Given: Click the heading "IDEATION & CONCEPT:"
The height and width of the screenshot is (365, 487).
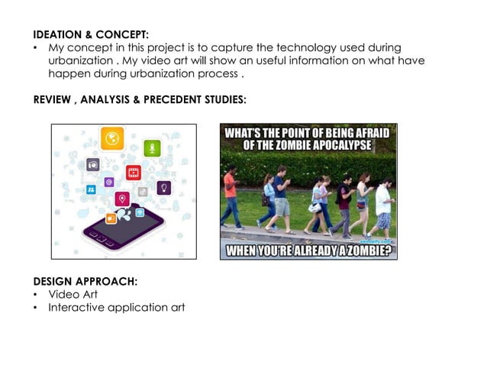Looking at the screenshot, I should [x=91, y=34].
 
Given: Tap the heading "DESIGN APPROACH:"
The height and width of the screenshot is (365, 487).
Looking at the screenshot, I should [x=85, y=282].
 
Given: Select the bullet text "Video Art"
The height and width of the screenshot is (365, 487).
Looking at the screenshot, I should [x=73, y=295].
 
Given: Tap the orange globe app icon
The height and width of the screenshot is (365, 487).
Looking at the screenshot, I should [x=112, y=138].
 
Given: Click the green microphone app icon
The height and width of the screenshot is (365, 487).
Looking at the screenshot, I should [x=153, y=148].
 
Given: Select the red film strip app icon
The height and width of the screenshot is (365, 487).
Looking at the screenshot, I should [x=134, y=173].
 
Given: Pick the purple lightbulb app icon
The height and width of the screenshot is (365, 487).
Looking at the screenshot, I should [x=163, y=187].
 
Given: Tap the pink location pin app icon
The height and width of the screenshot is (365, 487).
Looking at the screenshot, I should [x=121, y=199].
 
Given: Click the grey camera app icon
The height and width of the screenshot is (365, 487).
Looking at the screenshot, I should [x=92, y=164].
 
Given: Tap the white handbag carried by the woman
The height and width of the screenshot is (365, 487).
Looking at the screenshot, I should [x=314, y=206].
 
